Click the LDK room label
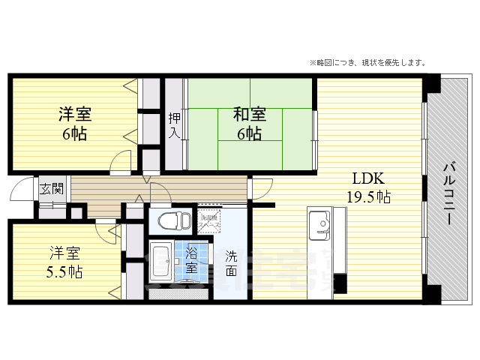coord(369,179)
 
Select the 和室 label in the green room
coord(249,115)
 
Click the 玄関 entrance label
coord(51,188)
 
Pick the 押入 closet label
coord(174,125)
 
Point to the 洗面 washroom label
coord(232,260)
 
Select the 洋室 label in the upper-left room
coord(75,115)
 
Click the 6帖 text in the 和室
coord(249,134)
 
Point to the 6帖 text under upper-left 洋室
coord(75,134)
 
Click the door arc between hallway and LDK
coord(259,187)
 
